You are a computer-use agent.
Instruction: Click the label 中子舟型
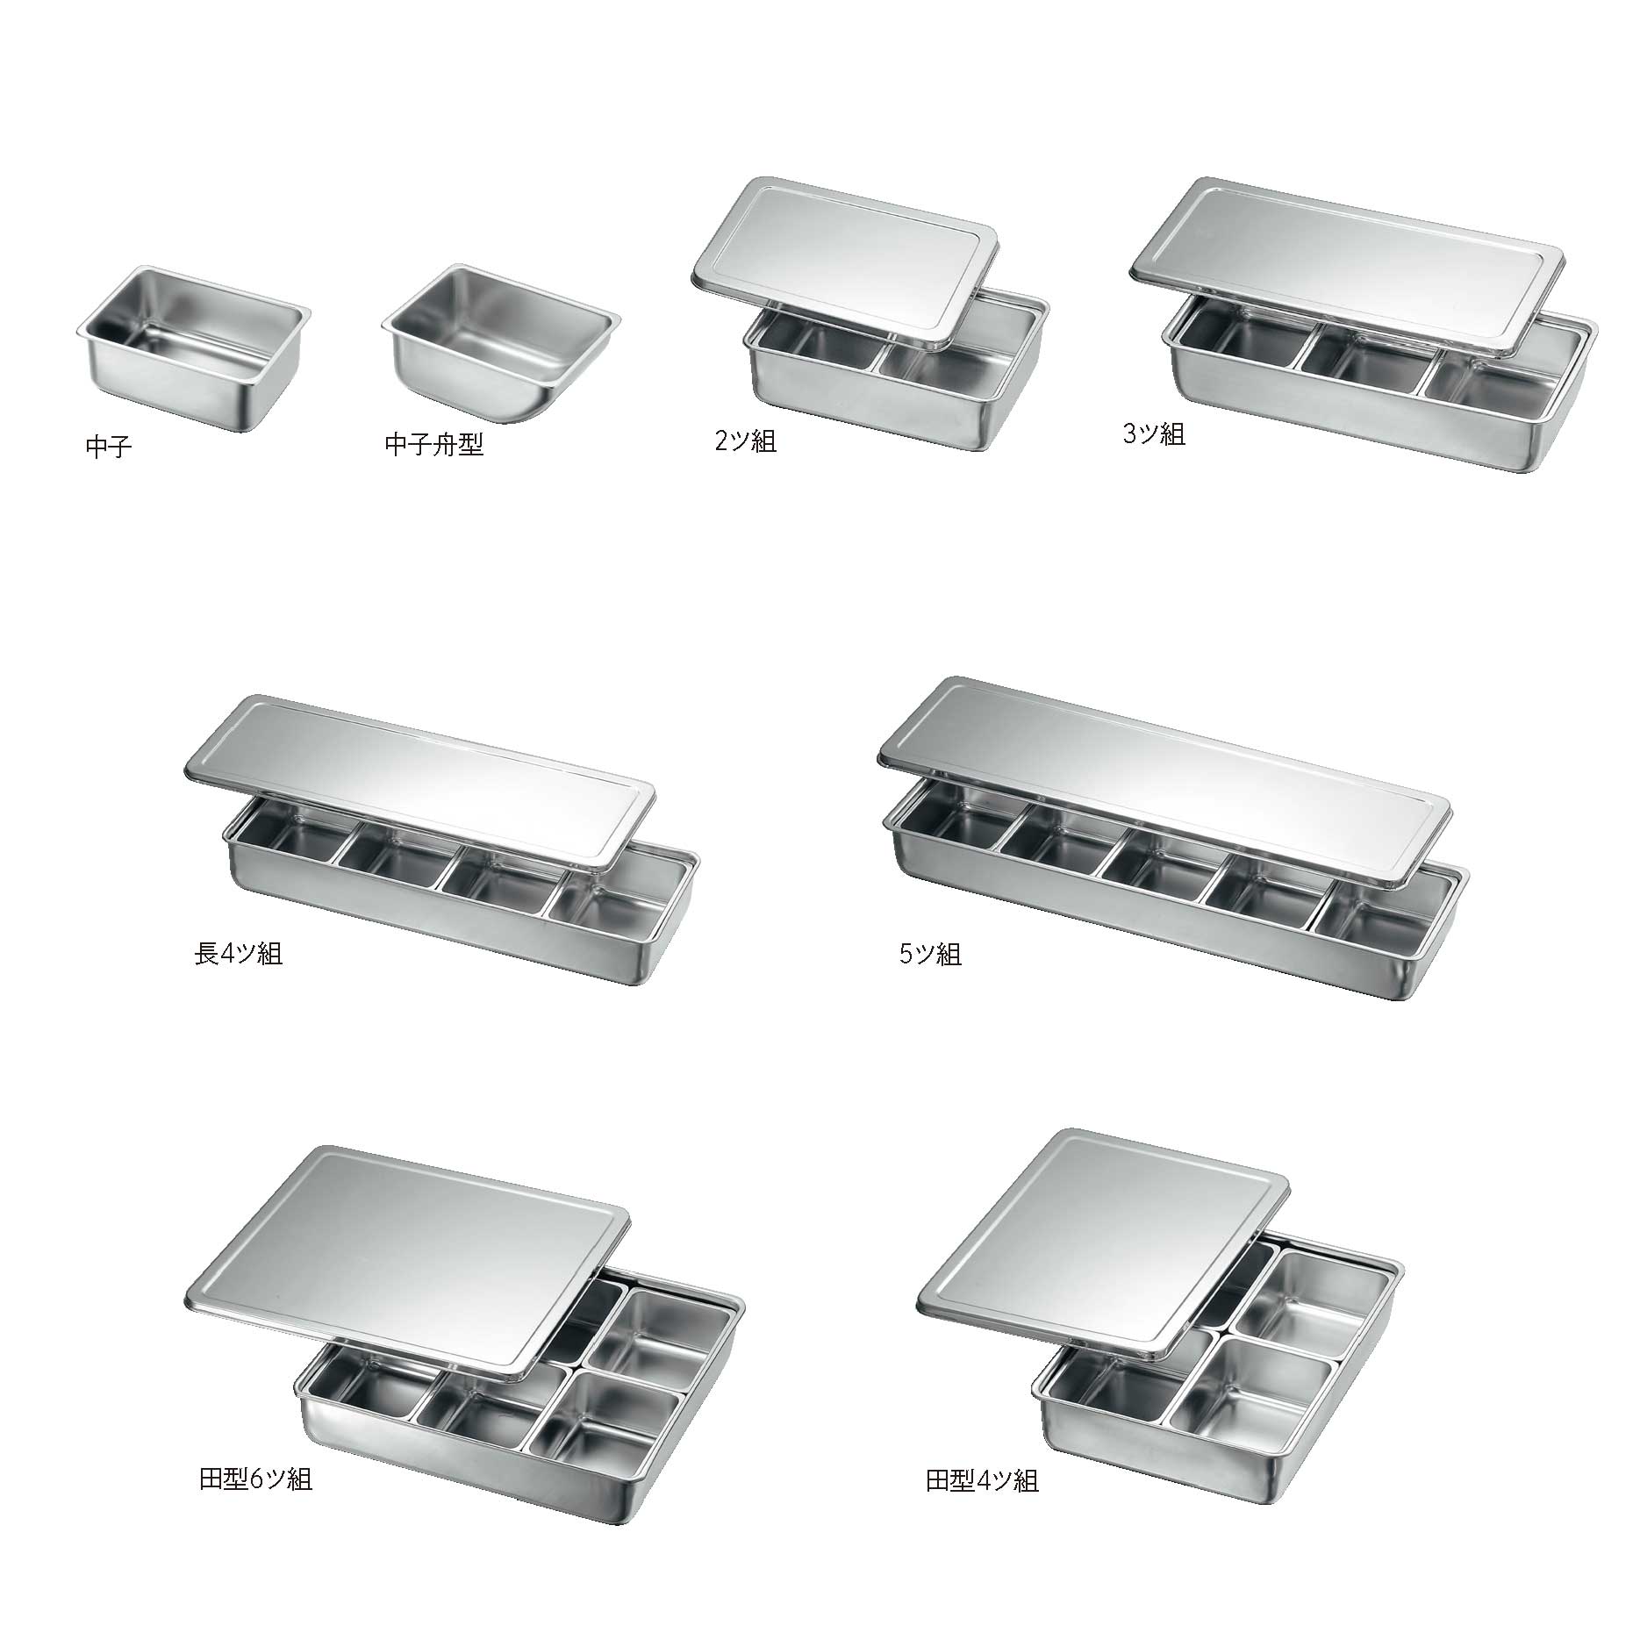click(434, 445)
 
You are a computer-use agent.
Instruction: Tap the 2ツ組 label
click(746, 440)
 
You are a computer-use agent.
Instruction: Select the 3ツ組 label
click(1154, 433)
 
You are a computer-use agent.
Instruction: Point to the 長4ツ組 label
click(239, 953)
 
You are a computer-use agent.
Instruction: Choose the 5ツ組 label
click(930, 954)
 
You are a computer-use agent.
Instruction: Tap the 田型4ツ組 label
click(983, 1481)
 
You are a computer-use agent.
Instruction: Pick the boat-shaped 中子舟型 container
click(501, 342)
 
